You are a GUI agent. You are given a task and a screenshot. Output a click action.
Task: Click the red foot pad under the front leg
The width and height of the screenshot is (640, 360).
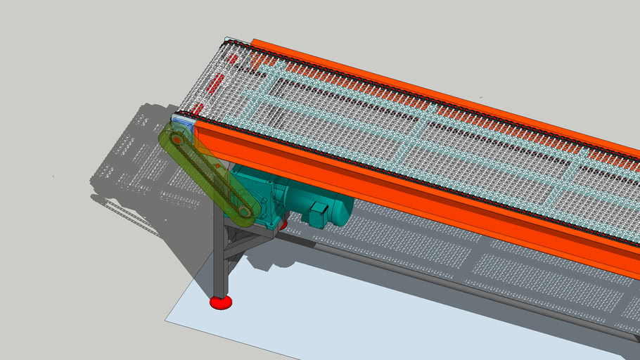pyautogui.click(x=221, y=302)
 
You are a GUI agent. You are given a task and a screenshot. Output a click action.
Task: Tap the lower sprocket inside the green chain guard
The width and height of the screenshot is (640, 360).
pyautogui.click(x=243, y=210)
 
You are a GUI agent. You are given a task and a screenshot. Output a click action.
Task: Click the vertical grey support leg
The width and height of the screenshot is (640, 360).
pyautogui.click(x=220, y=260)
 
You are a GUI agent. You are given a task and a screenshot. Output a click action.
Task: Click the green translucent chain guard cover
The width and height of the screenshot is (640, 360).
pyautogui.click(x=211, y=176)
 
